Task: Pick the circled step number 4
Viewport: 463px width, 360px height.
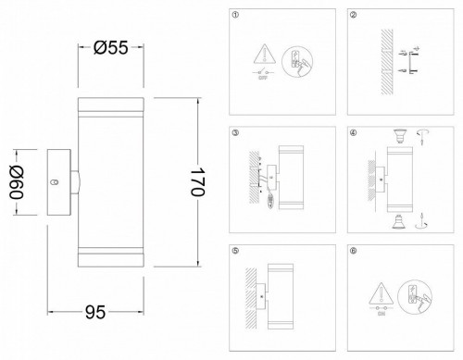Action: pyautogui.click(x=354, y=134)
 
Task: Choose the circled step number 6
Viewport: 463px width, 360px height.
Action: pyautogui.click(x=354, y=251)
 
